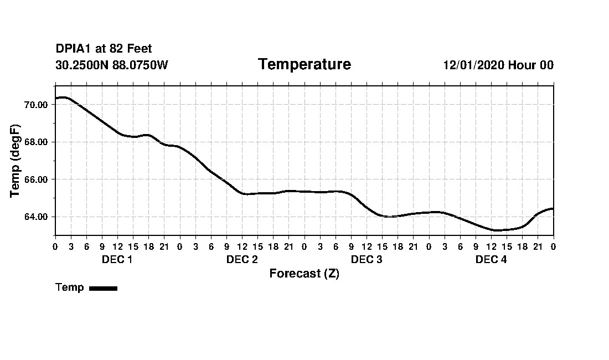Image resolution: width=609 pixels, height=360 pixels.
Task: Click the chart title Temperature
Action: tap(304, 65)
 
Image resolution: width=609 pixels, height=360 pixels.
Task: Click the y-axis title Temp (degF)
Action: tap(16, 161)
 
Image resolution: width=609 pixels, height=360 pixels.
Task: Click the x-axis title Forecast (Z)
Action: tap(304, 274)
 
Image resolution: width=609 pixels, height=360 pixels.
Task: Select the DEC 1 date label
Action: tap(117, 260)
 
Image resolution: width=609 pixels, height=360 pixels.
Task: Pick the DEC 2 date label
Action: tap(242, 260)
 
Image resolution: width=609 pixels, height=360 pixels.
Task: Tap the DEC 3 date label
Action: tap(367, 260)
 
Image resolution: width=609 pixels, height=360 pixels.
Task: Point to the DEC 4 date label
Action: tap(491, 260)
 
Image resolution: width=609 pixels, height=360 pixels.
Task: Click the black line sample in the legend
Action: tap(103, 288)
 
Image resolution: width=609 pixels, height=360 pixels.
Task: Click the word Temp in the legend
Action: tap(70, 287)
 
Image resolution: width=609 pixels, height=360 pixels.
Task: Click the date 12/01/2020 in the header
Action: tap(473, 65)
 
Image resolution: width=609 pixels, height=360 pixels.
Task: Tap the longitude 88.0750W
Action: tap(140, 65)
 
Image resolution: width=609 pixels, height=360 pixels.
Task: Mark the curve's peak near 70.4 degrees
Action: tap(64, 97)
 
